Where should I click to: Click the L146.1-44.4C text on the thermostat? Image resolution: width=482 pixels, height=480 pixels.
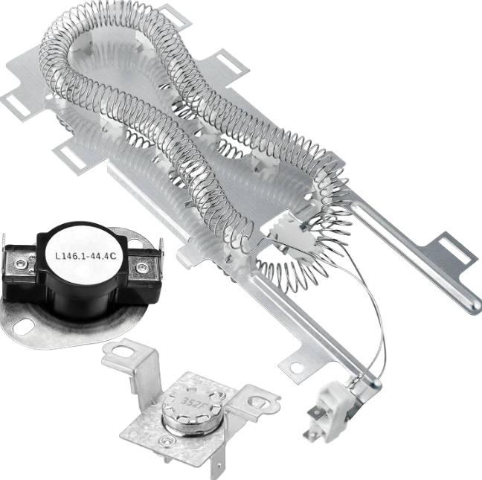tap(86, 255)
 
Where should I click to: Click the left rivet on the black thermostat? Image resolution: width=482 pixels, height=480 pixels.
tap(21, 263)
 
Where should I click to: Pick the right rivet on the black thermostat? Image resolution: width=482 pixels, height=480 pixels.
tap(141, 267)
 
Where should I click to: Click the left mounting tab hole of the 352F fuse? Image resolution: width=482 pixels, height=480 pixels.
tap(122, 351)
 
